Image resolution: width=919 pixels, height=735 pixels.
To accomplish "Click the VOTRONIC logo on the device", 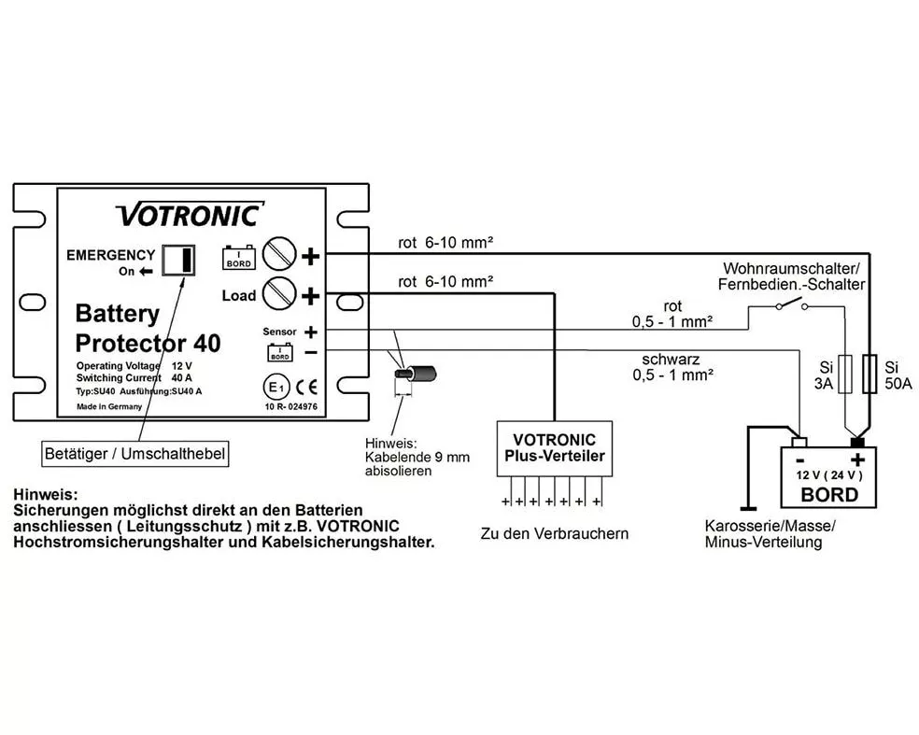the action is pyautogui.click(x=190, y=215).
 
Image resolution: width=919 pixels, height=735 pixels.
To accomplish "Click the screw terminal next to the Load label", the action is pyautogui.click(x=278, y=293).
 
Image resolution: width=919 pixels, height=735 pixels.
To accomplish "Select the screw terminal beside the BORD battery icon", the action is pyautogui.click(x=278, y=253).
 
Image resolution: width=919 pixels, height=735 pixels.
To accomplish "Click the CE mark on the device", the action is pyautogui.click(x=306, y=387).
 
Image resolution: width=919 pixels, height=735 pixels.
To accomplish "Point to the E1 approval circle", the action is pyautogui.click(x=276, y=388).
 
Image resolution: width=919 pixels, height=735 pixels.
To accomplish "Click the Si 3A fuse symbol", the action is pyautogui.click(x=844, y=374).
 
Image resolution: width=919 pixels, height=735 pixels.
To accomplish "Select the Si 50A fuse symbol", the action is pyautogui.click(x=870, y=374).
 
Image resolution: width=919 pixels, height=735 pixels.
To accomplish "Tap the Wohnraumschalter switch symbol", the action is pyautogui.click(x=791, y=304).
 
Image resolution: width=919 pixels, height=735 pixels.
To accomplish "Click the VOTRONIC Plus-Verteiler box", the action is pyautogui.click(x=555, y=448).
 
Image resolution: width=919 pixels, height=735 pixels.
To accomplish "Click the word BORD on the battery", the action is pyautogui.click(x=829, y=495).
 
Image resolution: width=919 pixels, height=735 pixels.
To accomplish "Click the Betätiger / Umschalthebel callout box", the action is pyautogui.click(x=134, y=454).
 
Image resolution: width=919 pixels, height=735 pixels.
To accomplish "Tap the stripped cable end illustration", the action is pyautogui.click(x=416, y=374).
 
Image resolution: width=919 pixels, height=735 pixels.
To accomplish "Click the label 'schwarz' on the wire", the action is pyautogui.click(x=672, y=360).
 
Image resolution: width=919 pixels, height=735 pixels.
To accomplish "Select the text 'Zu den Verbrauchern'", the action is pyautogui.click(x=555, y=534).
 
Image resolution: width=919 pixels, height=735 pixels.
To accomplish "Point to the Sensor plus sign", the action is pyautogui.click(x=311, y=332).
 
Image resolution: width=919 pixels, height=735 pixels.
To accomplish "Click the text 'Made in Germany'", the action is pyautogui.click(x=109, y=406).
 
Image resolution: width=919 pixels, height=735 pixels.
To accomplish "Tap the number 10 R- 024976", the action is pyautogui.click(x=291, y=406).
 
